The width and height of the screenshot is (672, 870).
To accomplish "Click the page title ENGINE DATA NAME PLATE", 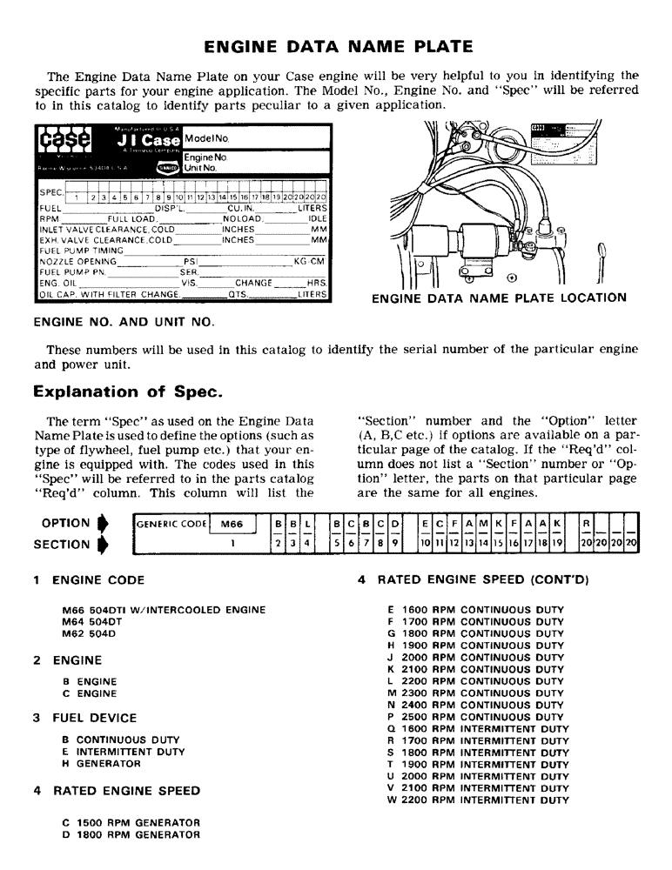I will (x=337, y=45).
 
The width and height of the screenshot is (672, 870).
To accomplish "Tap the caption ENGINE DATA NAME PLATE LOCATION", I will (x=498, y=298).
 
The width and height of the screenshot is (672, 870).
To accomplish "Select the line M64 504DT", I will (x=96, y=621).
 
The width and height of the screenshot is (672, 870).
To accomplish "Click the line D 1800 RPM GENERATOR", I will (x=131, y=834).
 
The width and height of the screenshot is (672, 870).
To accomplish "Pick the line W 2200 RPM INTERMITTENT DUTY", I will (x=478, y=800).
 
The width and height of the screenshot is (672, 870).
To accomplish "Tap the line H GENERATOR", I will (x=101, y=763).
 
